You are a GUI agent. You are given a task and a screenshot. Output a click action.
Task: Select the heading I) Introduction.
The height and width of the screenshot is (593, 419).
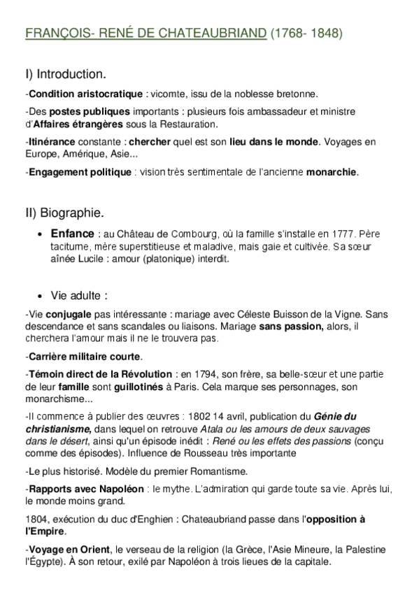coord(66,73)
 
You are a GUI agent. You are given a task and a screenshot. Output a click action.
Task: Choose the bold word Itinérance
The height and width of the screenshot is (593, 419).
coord(52,142)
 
